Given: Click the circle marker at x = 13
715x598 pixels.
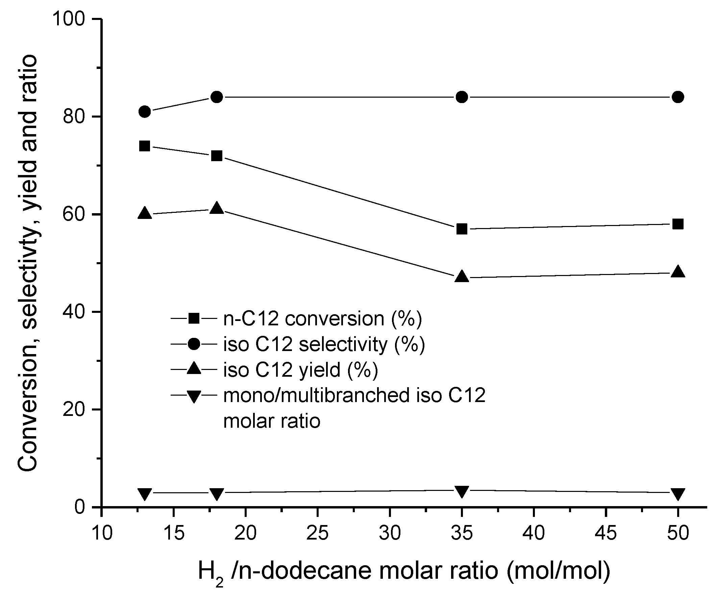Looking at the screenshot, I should pos(145,111).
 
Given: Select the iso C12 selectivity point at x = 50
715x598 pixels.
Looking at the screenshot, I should pos(678,97).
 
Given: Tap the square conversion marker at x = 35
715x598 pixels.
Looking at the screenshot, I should pos(462,229).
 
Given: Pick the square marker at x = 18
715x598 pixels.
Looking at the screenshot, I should pos(217,156).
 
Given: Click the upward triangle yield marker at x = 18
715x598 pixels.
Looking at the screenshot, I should pos(217,208).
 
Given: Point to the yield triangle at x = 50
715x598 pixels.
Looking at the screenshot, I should pos(678,272).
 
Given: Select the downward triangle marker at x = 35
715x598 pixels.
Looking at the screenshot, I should pos(462,492).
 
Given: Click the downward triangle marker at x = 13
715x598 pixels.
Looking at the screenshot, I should pos(145,494).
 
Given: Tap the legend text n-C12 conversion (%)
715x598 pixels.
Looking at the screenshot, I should pos(322,319).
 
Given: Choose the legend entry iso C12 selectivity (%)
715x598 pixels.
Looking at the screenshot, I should pos(324,344).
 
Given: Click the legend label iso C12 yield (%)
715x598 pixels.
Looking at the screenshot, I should pos(300,370).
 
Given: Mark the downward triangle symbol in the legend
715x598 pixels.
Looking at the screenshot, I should pos(194,396).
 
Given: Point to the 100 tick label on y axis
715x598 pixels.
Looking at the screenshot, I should pos(68,19).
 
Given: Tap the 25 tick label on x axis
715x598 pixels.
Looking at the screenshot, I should pos(317,533).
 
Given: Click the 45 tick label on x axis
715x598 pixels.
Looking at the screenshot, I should pos(606,533).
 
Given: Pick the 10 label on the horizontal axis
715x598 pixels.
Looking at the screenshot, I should pos(102,533).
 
